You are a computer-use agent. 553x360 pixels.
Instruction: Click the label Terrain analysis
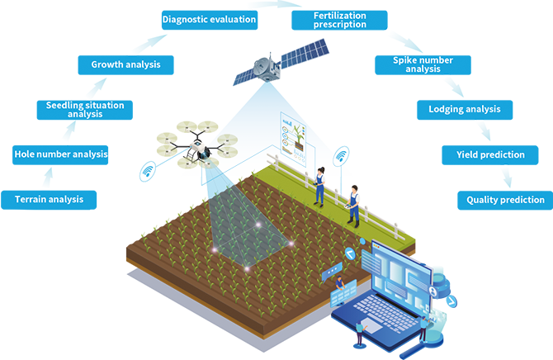[49, 199]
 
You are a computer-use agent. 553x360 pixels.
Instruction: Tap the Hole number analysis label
[61, 154]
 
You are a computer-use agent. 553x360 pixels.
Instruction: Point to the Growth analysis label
[125, 64]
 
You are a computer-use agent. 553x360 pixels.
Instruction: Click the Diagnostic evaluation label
[209, 18]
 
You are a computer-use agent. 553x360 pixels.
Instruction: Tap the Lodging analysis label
[464, 109]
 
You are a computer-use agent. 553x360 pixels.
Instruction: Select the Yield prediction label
[490, 154]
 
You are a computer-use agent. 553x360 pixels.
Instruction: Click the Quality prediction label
[505, 200]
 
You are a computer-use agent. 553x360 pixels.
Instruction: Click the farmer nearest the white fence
[319, 185]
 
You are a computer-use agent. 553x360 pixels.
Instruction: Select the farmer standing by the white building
[352, 204]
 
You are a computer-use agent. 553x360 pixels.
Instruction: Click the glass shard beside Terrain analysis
[47, 177]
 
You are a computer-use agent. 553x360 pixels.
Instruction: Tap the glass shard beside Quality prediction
[507, 176]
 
